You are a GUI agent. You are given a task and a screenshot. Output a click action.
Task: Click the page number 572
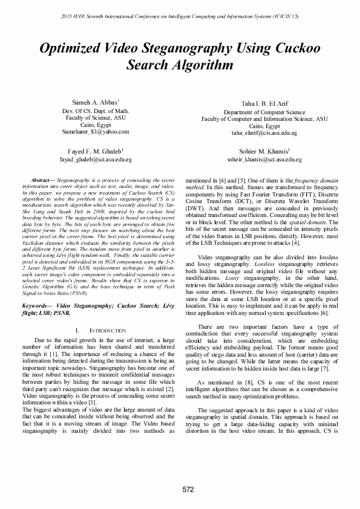click(180, 488)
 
